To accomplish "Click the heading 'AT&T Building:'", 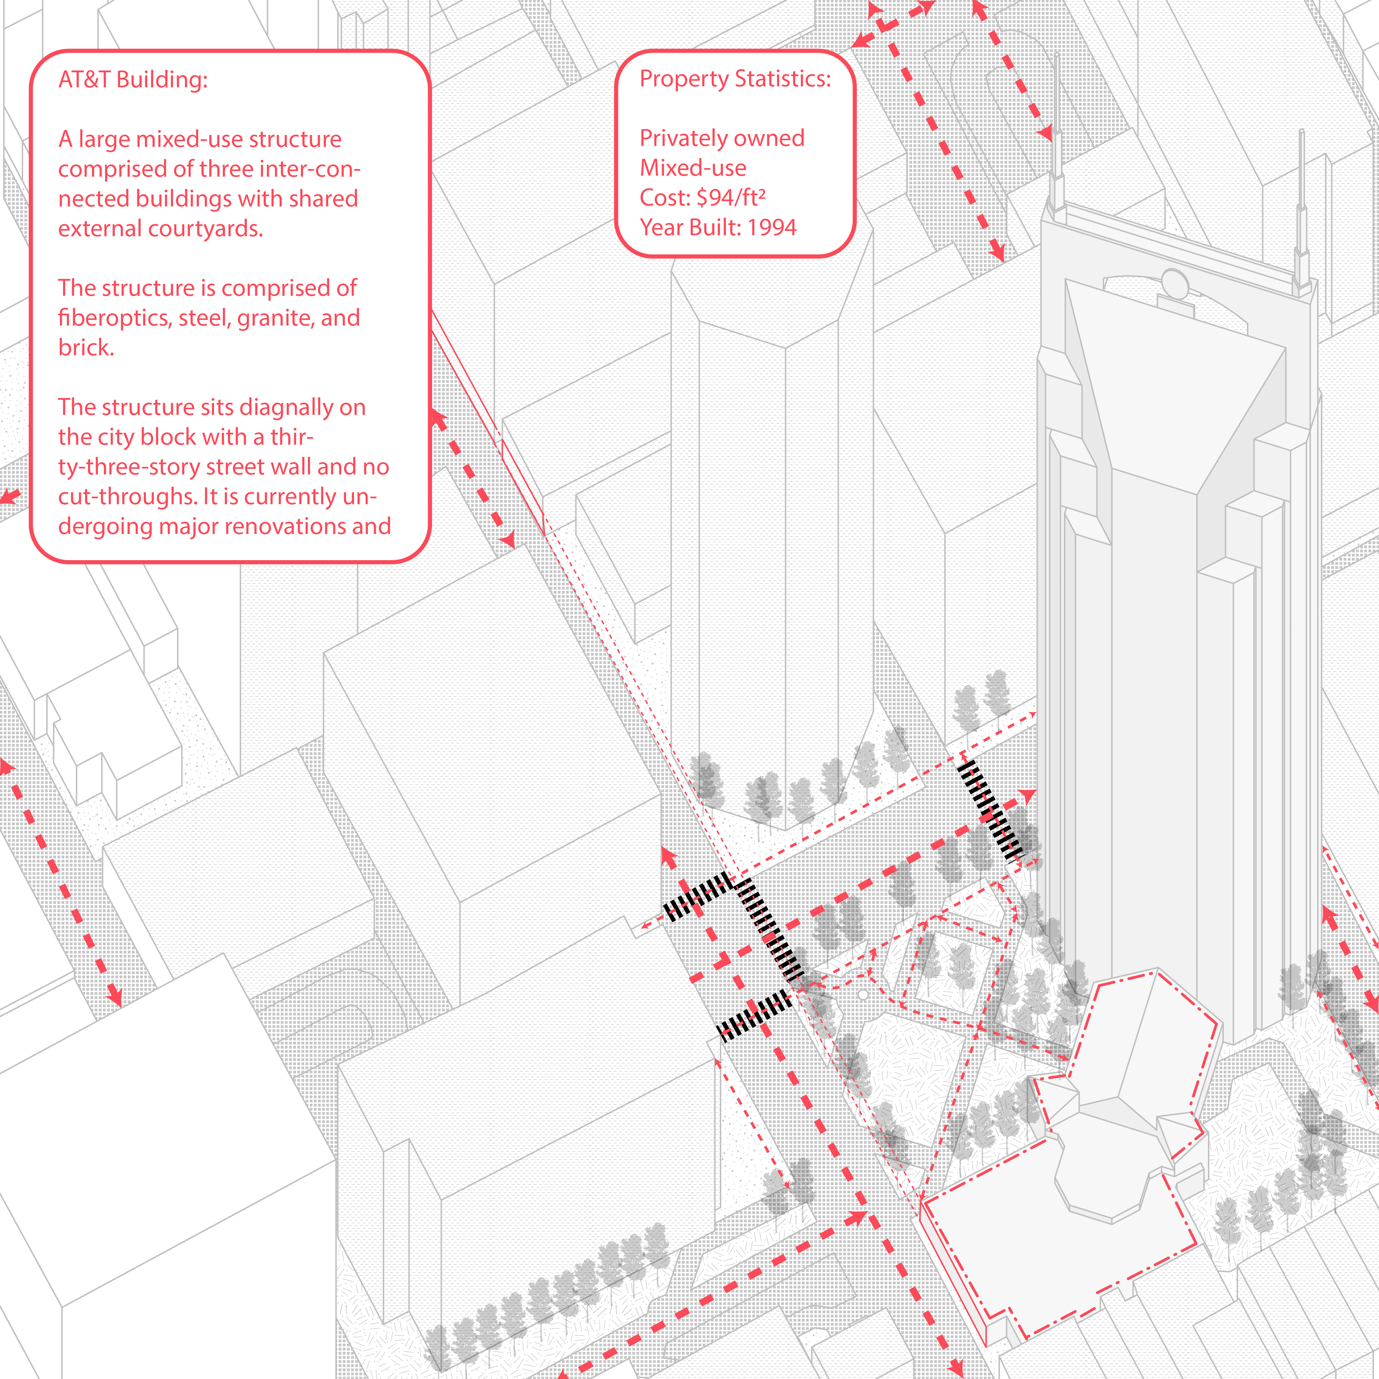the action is (x=133, y=79).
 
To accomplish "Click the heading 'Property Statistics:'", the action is (x=735, y=78).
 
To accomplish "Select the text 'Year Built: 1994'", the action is (x=718, y=227).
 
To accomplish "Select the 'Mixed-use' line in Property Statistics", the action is (x=693, y=168).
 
